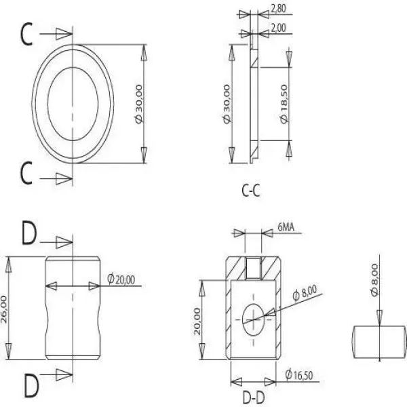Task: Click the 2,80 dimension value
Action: [278, 9]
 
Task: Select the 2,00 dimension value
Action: [278, 28]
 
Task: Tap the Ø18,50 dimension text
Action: [284, 104]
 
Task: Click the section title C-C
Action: [251, 191]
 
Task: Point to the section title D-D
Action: [253, 398]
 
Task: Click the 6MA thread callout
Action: [286, 227]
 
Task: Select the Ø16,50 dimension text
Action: [299, 375]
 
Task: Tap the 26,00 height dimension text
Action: [3, 309]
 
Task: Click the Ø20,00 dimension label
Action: [121, 279]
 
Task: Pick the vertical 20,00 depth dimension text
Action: [197, 322]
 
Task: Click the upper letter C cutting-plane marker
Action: [26, 34]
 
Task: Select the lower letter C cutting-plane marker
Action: [26, 172]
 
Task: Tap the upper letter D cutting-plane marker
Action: [29, 233]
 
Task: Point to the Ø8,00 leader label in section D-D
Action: [305, 293]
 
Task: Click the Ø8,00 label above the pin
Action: [374, 280]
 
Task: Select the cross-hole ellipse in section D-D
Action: [253, 319]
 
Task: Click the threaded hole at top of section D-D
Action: [253, 268]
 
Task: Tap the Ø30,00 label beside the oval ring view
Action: [139, 104]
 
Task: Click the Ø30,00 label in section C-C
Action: [227, 104]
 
